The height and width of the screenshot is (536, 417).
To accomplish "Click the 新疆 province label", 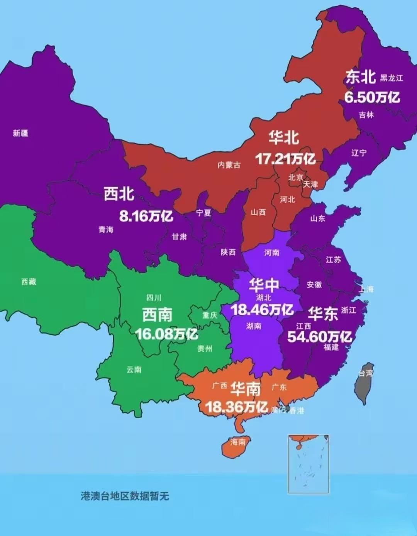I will [20, 133].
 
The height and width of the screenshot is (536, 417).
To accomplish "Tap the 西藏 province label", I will [29, 282].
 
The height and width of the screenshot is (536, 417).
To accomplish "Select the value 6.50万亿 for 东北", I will [372, 97].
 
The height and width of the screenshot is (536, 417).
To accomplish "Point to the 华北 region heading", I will [284, 138].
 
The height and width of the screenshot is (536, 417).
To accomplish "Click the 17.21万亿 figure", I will [285, 158].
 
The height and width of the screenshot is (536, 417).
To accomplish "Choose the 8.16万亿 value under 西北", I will [146, 216].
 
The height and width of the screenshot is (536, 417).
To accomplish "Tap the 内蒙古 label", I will [229, 165].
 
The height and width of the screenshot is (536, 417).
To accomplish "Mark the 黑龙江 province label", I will [391, 78].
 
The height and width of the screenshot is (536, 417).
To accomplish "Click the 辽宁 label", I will [359, 153].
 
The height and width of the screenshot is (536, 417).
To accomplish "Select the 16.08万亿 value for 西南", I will [166, 334].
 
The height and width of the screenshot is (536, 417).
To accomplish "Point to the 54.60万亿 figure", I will [319, 336].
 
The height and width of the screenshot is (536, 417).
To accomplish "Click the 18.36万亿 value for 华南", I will [236, 406].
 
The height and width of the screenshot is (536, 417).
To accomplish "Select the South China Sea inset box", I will [308, 464].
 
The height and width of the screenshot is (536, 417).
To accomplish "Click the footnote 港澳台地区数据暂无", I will [125, 496].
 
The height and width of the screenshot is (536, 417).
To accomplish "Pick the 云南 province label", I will [134, 370].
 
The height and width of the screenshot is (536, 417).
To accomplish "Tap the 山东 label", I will [318, 219].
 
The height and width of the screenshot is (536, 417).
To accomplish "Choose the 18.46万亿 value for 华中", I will [262, 309].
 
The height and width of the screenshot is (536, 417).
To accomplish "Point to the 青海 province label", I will [106, 230].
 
